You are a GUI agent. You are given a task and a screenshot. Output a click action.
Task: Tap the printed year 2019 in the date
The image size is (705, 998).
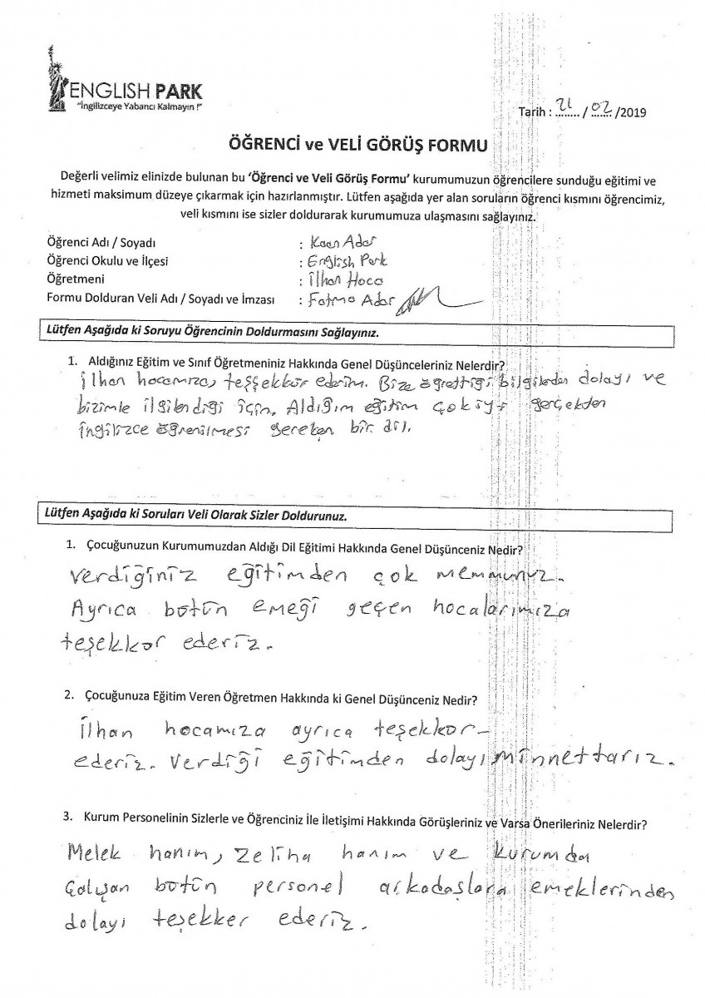(x=633, y=111)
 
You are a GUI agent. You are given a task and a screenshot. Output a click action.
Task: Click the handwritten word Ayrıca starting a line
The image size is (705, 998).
(x=104, y=611)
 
